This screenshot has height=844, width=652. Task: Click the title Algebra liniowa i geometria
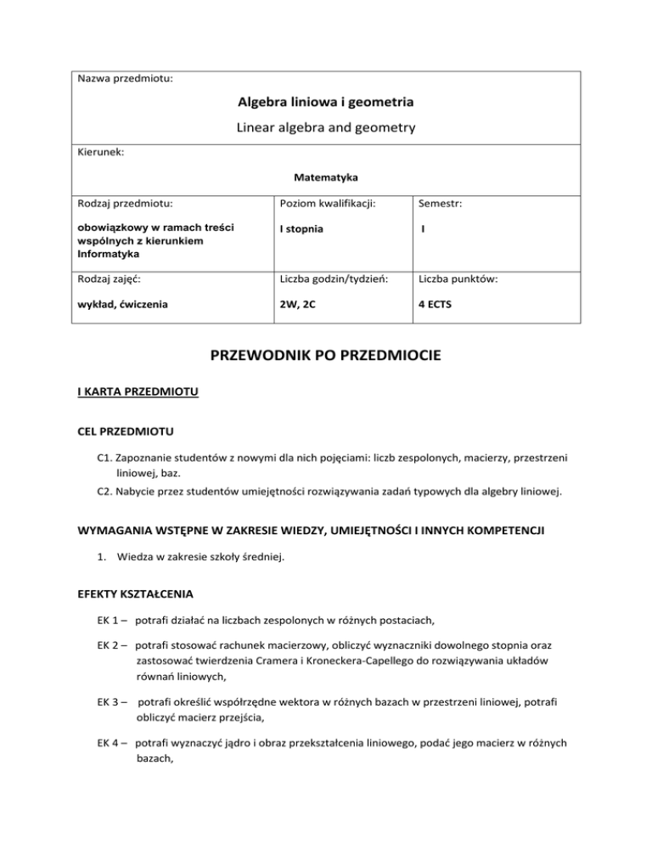(326, 103)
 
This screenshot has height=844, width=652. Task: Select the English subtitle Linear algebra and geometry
(326, 130)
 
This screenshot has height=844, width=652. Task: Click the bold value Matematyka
(326, 179)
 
